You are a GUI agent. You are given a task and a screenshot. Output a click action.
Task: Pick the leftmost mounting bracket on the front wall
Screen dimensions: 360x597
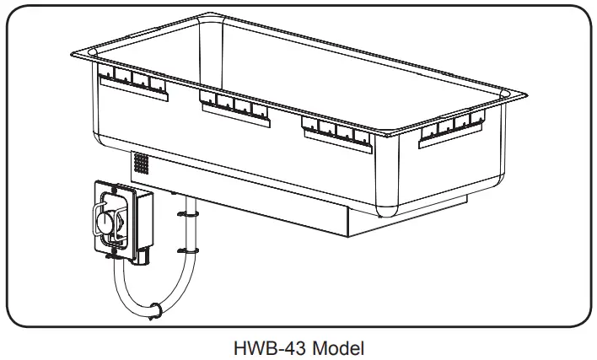tap(132, 83)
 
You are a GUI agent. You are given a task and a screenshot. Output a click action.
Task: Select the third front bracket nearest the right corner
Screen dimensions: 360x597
tap(337, 131)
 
